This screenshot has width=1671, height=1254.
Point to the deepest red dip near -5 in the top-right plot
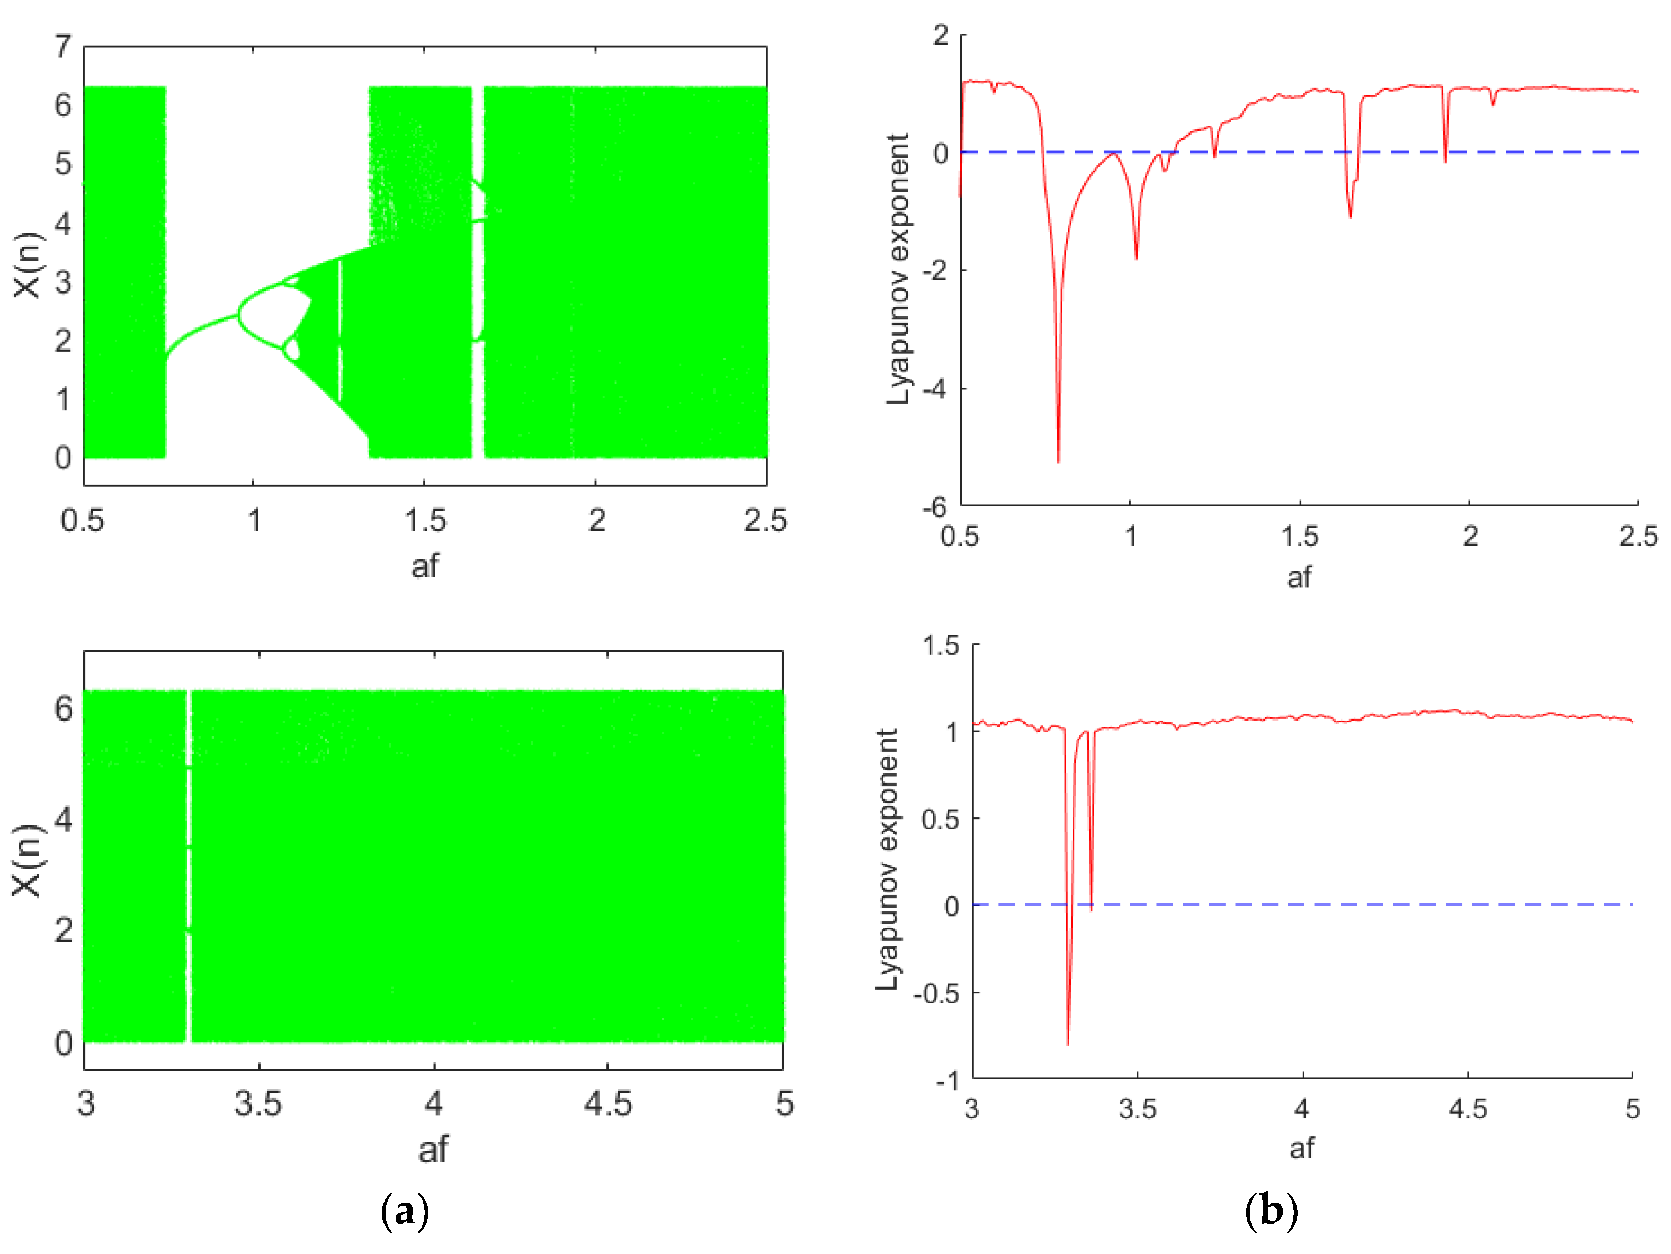coord(1058,460)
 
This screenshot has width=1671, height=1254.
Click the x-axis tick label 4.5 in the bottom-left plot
coord(607,1105)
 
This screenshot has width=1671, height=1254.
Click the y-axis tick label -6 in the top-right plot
coord(935,508)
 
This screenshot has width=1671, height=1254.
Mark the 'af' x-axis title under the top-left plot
coord(425,566)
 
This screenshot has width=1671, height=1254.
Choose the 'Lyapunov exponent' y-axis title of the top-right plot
coord(897,269)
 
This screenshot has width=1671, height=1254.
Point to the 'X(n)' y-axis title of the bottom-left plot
coord(27,860)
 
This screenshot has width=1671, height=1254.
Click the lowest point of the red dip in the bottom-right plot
coord(1067,1044)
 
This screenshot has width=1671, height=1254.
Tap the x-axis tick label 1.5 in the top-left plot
coord(425,520)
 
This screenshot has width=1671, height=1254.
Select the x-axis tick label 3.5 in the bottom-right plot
coord(1138,1109)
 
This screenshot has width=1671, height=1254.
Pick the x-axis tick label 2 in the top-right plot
coord(1470,536)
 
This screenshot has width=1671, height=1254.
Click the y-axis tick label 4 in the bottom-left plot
coord(64,819)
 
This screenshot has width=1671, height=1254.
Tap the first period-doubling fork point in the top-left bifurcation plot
coord(239,314)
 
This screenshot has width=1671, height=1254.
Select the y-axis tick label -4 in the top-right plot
coord(935,389)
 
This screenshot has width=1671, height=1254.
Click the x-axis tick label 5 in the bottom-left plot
coord(785,1105)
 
